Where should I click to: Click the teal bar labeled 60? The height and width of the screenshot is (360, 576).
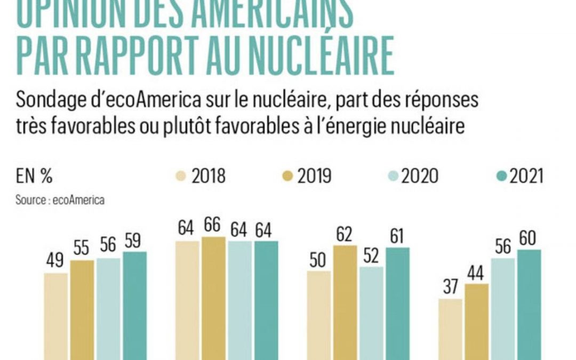[529, 304]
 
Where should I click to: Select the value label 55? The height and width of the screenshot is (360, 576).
[82, 249]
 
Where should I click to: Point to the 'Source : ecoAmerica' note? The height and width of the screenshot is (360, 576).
[60, 201]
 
